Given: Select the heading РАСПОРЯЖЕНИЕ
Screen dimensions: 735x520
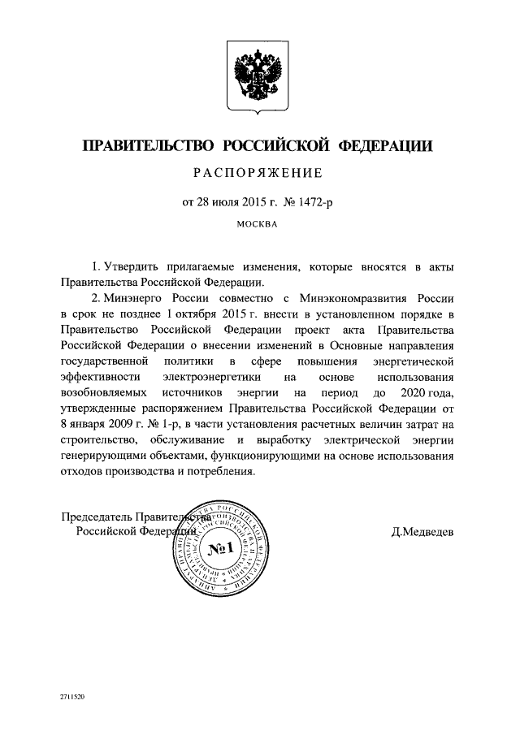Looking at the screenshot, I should (x=259, y=173).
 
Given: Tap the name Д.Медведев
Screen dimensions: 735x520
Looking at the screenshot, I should (x=422, y=532).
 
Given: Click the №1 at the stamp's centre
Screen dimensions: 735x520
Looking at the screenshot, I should (x=221, y=552).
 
